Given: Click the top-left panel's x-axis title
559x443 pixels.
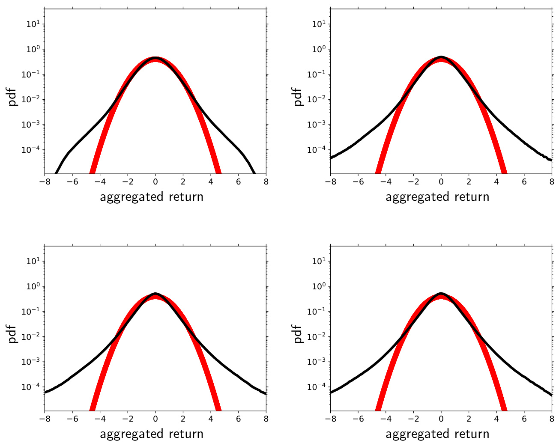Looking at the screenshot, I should pyautogui.click(x=152, y=197).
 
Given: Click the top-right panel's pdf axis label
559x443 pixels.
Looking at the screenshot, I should pyautogui.click(x=299, y=97).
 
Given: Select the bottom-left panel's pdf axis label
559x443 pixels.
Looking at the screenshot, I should pyautogui.click(x=13, y=334).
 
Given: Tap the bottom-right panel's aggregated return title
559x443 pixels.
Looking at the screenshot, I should pyautogui.click(x=437, y=434).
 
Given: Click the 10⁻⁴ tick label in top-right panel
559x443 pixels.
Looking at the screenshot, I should pyautogui.click(x=317, y=150).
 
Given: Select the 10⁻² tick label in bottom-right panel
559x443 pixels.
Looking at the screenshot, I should pyautogui.click(x=317, y=336).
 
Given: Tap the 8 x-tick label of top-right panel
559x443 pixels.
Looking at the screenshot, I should pyautogui.click(x=552, y=181).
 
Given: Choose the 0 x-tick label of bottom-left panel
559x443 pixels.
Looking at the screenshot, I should pyautogui.click(x=155, y=419).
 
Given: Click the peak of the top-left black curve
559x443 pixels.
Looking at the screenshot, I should pyautogui.click(x=155, y=58).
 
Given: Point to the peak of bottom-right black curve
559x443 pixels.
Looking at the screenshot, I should pyautogui.click(x=441, y=294).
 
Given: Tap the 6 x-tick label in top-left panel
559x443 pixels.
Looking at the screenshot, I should pyautogui.click(x=239, y=181).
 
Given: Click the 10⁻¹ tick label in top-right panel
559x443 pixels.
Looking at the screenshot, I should pyautogui.click(x=317, y=74).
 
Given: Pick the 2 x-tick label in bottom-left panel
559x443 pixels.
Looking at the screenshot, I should pyautogui.click(x=183, y=419).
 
